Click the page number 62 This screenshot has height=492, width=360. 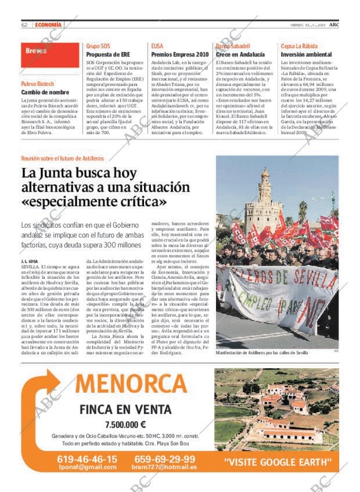point(24,25)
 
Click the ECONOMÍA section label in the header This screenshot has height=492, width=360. point(48,25)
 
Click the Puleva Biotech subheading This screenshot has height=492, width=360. point(38,84)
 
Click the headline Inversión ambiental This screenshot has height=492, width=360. point(306,55)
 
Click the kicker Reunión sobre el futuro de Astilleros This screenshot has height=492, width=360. point(62,158)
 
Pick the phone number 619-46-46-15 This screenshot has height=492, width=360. point(87,458)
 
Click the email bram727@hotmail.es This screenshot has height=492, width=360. point(164,467)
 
